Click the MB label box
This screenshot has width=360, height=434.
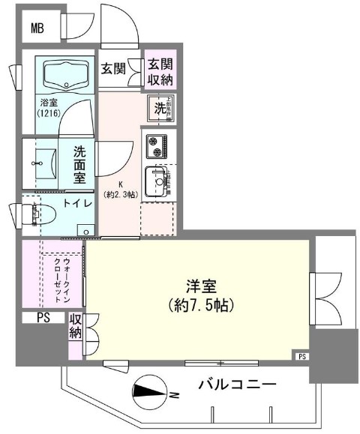[x=37, y=30]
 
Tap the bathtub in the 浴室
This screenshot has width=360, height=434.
[x=67, y=75]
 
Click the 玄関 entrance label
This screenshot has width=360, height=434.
[x=113, y=70]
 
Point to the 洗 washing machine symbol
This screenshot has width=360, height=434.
[x=160, y=107]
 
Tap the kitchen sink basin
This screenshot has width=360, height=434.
[x=158, y=180]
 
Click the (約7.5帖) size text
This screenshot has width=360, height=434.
[x=200, y=306]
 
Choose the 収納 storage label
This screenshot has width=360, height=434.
[x=75, y=327]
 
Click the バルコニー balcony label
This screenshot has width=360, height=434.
[x=238, y=386]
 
